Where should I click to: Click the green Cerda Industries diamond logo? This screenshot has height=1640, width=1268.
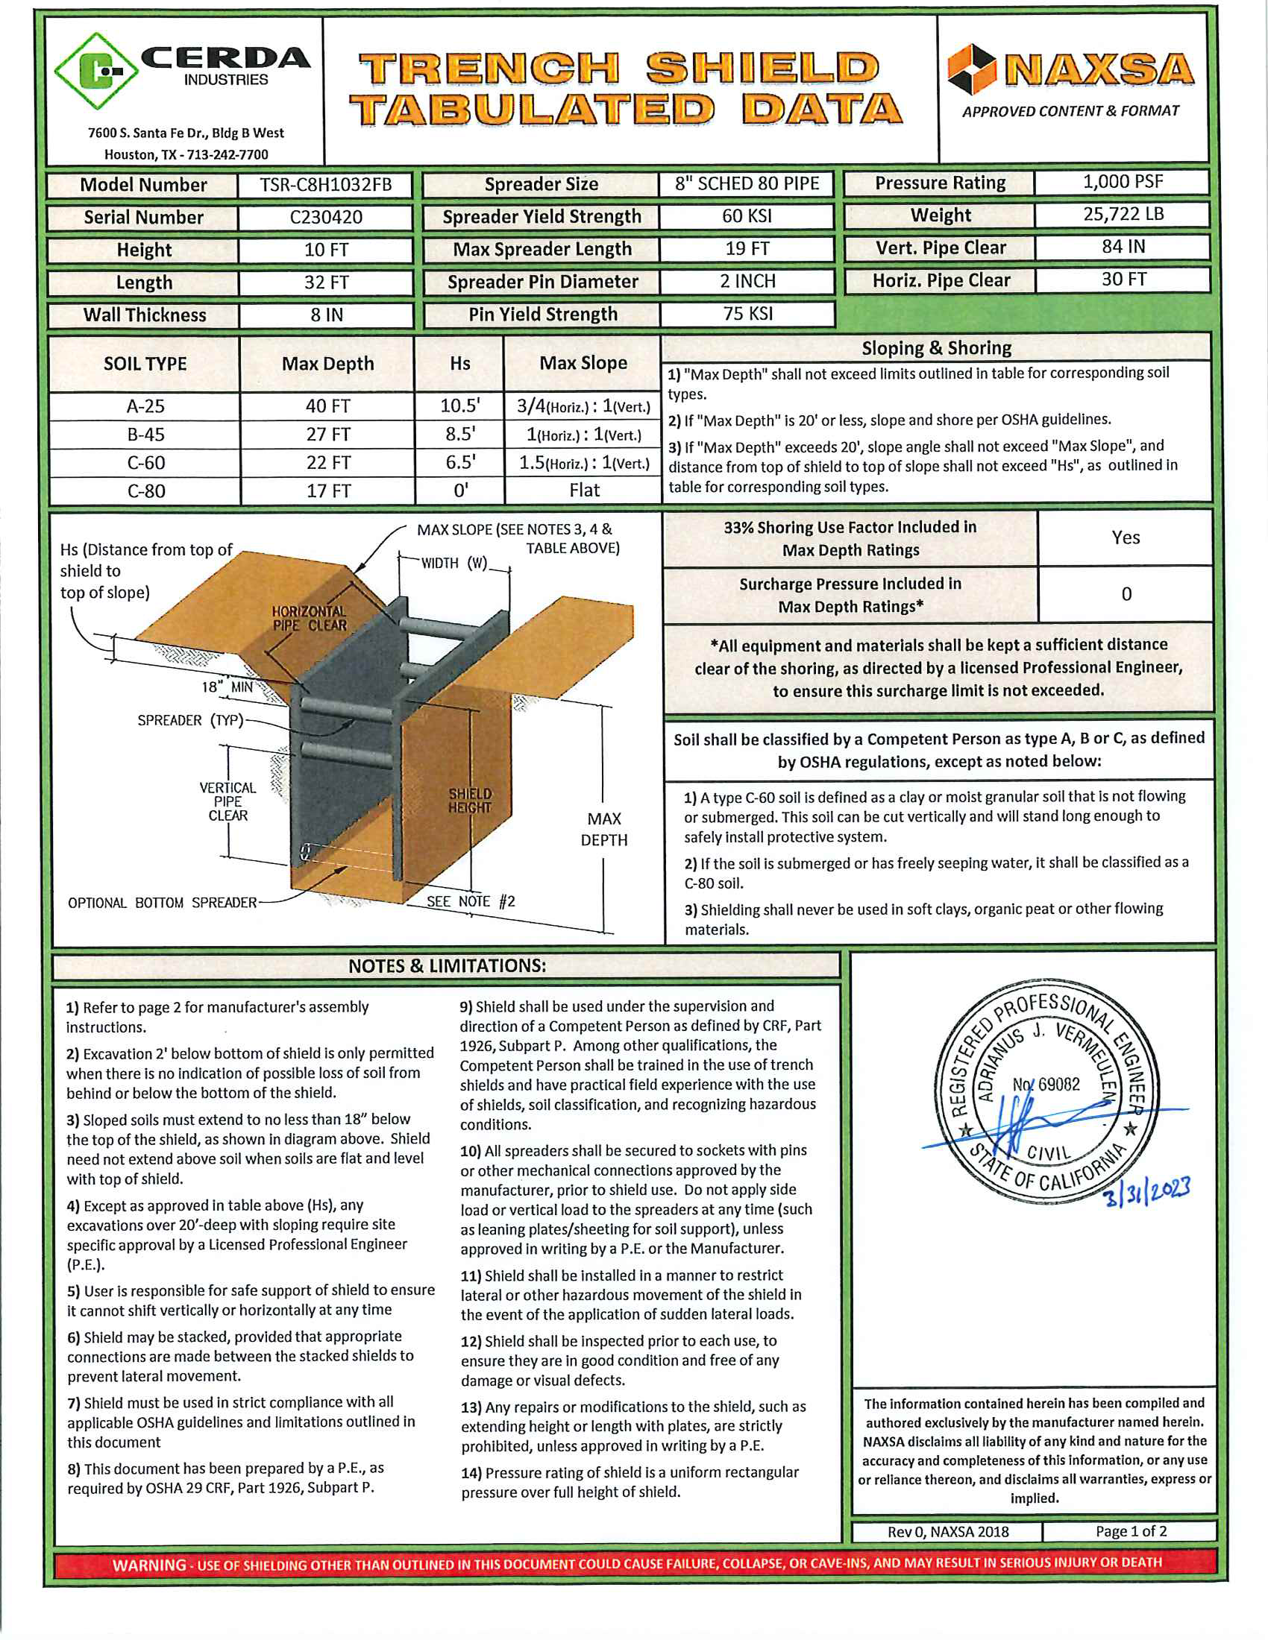click(x=96, y=72)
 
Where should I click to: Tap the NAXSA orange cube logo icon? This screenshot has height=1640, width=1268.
click(x=971, y=69)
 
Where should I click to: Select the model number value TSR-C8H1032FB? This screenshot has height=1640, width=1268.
click(x=326, y=185)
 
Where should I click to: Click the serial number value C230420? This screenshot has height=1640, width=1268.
click(x=326, y=217)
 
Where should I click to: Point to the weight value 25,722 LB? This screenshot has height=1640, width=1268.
click(x=1123, y=214)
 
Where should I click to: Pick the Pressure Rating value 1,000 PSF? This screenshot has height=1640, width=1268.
click(x=1123, y=182)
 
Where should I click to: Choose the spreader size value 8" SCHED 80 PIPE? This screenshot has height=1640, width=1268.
click(x=747, y=184)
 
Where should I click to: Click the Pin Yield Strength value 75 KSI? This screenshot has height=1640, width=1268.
click(x=747, y=314)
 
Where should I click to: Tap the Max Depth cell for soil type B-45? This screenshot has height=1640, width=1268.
click(x=327, y=435)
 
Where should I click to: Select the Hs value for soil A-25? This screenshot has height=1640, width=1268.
click(x=459, y=406)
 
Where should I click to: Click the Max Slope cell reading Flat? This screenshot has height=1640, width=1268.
click(x=584, y=491)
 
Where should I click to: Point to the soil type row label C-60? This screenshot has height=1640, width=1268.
click(x=145, y=463)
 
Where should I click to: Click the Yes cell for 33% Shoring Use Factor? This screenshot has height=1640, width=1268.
click(x=1126, y=537)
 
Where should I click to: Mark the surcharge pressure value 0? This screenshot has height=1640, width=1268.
click(x=1126, y=594)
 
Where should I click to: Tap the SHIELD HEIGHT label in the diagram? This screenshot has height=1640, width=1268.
click(x=470, y=801)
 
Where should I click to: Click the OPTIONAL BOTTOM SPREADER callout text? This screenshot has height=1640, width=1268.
click(x=163, y=903)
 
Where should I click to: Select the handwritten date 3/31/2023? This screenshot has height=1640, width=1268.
click(x=1147, y=1191)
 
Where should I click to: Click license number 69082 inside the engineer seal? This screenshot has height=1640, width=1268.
click(x=1046, y=1085)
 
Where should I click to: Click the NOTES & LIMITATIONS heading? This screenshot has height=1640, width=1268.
click(x=447, y=965)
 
